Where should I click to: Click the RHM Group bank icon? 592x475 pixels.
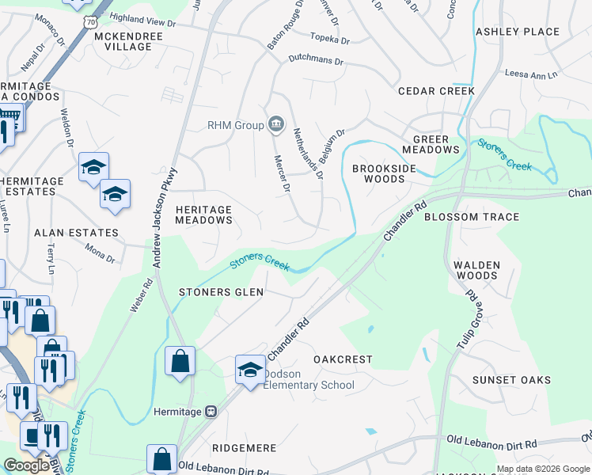pos(276,123)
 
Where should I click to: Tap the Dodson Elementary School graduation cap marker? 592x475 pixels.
pos(250,370)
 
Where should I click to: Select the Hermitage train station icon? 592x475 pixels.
pos(211,411)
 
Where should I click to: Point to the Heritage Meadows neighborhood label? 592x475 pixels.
pos(204,215)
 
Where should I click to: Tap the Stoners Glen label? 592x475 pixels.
pos(221,292)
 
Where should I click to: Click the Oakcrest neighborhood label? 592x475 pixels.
pos(343,359)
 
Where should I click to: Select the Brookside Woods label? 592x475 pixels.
pos(378,173)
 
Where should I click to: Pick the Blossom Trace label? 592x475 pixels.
pos(472,217)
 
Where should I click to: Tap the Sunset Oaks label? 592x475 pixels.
pos(511,380)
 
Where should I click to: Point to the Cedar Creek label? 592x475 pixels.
pos(436,91)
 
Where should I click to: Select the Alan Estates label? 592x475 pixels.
pos(76,234)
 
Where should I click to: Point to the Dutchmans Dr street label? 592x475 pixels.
pos(316,60)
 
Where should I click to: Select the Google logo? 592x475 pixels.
pos(27,465)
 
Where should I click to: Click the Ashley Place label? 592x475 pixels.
pos(517,32)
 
